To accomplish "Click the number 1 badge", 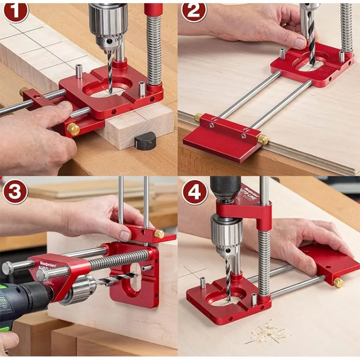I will [15, 12].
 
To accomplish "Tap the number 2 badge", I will [194, 12].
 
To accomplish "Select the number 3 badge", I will [15, 192].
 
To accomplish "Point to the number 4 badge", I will [194, 192].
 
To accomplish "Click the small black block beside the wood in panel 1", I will [145, 141].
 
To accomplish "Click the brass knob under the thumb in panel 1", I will [72, 129].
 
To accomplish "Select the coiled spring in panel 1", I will [153, 49].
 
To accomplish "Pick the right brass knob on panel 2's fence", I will [262, 139].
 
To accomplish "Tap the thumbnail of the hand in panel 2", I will [299, 43].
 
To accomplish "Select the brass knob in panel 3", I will [159, 234].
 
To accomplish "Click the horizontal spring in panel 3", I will [118, 261].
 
